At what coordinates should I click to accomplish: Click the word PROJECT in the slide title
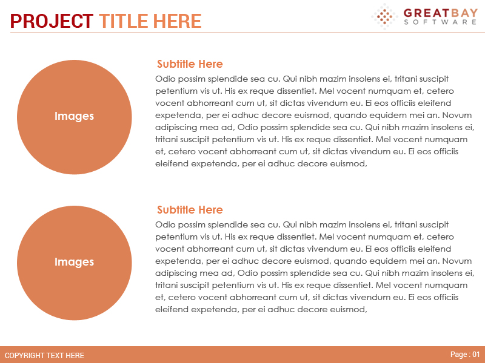(x=52, y=21)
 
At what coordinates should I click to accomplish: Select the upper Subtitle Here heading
(x=190, y=64)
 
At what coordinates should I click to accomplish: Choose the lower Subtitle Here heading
(x=190, y=210)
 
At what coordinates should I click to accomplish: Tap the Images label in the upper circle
(x=74, y=116)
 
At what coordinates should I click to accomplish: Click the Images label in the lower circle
(x=74, y=262)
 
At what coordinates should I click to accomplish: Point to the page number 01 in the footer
(x=475, y=355)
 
